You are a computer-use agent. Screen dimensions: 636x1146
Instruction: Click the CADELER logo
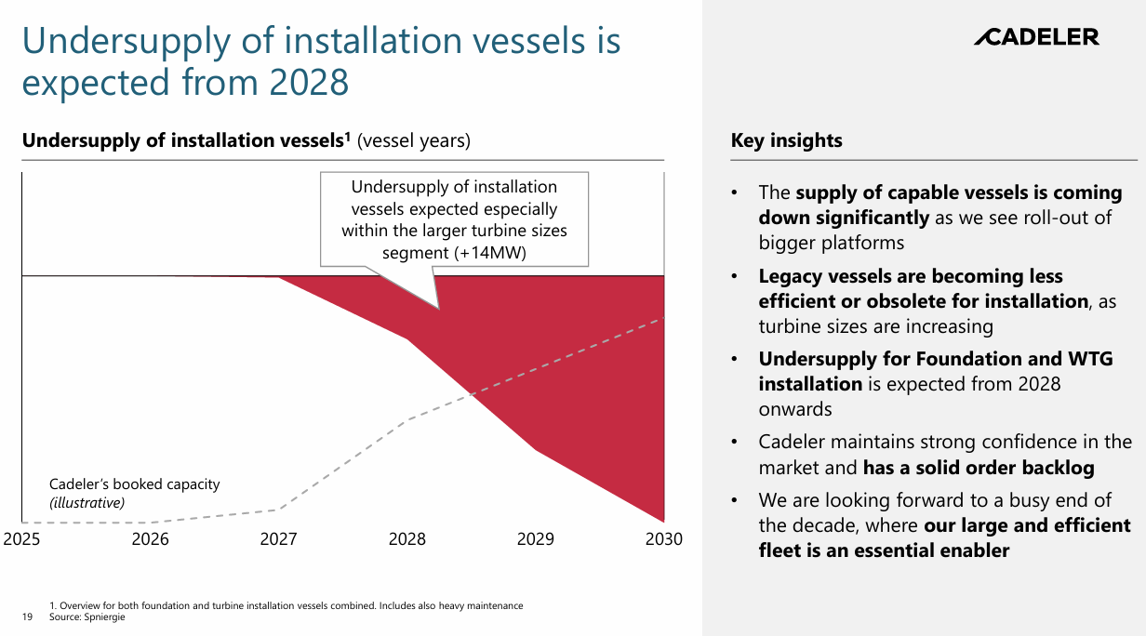pyautogui.click(x=1036, y=37)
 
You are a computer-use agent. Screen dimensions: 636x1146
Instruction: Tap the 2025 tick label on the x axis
pyautogui.click(x=21, y=539)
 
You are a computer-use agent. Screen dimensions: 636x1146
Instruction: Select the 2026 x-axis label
pyautogui.click(x=150, y=539)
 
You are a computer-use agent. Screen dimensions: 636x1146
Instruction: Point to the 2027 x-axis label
pyautogui.click(x=278, y=539)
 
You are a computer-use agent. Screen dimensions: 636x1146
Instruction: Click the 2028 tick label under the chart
pyautogui.click(x=407, y=539)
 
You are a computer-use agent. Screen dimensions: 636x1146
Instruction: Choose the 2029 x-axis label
pyautogui.click(x=536, y=539)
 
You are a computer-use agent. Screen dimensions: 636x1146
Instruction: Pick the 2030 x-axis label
pyautogui.click(x=663, y=539)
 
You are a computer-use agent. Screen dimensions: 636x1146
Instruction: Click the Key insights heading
pyautogui.click(x=786, y=141)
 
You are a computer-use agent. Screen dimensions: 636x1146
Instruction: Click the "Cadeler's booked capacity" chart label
pyautogui.click(x=135, y=484)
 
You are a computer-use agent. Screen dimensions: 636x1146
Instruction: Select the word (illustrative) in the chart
pyautogui.click(x=87, y=503)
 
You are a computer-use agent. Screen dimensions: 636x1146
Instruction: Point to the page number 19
pyautogui.click(x=26, y=616)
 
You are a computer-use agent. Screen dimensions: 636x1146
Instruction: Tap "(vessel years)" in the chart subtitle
pyautogui.click(x=414, y=141)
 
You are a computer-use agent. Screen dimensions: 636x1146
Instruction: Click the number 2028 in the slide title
pyautogui.click(x=309, y=83)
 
